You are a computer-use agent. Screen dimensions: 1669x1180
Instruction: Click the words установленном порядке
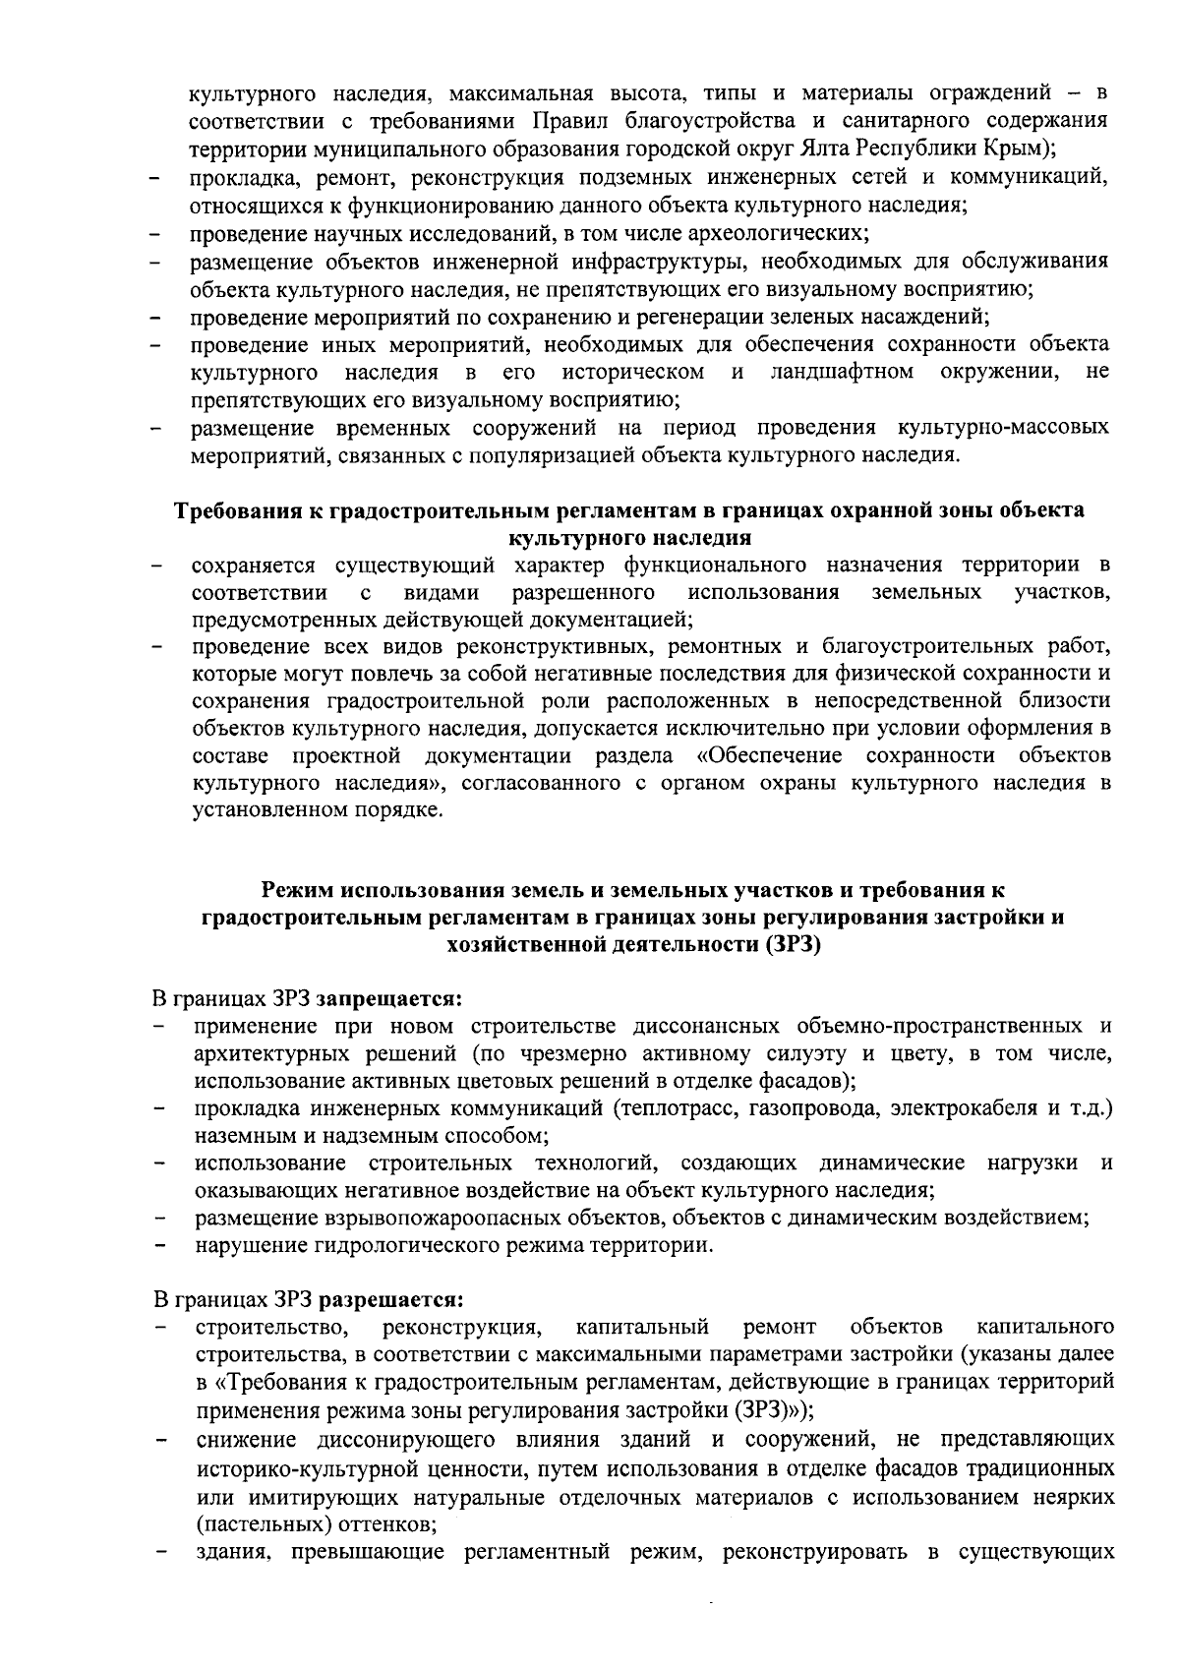tap(318, 811)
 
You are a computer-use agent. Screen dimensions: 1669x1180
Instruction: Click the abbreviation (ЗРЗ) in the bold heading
tap(792, 946)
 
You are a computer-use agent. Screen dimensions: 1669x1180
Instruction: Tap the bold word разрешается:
tap(389, 1299)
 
